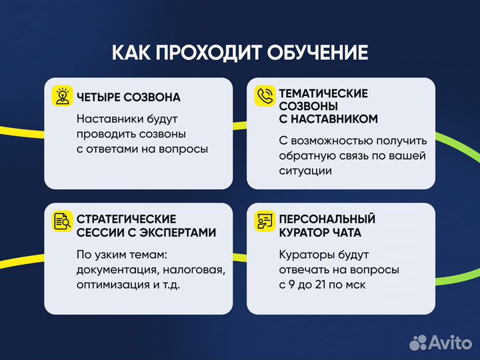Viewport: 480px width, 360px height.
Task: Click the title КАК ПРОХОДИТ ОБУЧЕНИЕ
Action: [x=239, y=53]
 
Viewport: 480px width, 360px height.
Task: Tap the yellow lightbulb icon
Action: [x=63, y=97]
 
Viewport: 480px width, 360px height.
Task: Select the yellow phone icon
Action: [x=265, y=97]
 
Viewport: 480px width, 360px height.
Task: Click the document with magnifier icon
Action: [x=63, y=221]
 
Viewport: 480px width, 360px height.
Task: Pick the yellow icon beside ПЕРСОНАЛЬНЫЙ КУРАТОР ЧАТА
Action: [x=265, y=221]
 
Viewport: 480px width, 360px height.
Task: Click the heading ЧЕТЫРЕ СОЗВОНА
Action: [x=129, y=97]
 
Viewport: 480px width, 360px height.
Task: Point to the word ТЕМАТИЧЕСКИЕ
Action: [x=323, y=94]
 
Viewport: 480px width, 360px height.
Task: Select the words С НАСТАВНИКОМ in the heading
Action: [x=329, y=119]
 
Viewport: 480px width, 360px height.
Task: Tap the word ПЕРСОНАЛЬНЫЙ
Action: [x=327, y=219]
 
